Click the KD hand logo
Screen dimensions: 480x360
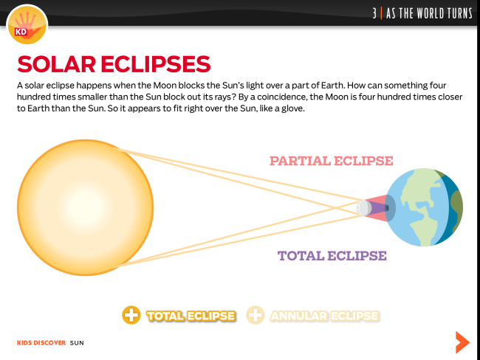(27, 24)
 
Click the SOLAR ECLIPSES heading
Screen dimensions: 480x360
(114, 64)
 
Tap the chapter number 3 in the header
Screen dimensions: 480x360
(374, 13)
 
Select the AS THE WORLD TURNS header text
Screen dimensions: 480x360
(429, 13)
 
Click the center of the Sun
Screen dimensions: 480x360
(85, 208)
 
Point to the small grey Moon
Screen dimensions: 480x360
(363, 208)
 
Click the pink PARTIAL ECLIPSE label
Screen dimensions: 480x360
(332, 161)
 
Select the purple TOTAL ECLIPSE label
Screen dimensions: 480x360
(332, 256)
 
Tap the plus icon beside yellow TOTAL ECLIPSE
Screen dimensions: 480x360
(131, 315)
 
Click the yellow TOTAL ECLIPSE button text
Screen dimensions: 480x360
(191, 316)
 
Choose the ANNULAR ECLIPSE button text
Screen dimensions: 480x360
(324, 316)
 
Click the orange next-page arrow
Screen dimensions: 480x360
(462, 342)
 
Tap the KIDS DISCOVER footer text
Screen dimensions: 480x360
(41, 343)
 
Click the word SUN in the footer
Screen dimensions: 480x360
(77, 343)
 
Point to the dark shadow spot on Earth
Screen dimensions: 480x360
(387, 208)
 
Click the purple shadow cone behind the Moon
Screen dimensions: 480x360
(378, 208)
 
